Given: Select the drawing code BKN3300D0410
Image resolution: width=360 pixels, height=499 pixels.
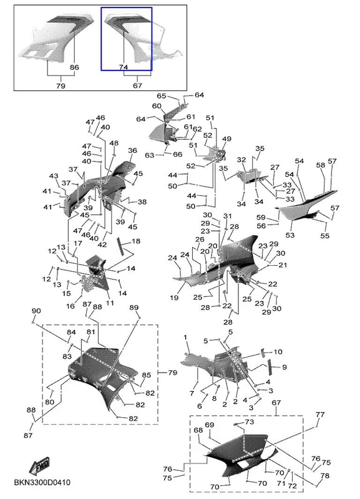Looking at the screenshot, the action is [42, 482].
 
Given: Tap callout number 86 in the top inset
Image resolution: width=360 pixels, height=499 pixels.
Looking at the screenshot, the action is [74, 67].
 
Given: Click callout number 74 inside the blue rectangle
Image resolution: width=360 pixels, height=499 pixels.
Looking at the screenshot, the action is [124, 67].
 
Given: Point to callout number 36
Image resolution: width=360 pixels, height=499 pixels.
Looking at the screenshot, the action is [132, 150].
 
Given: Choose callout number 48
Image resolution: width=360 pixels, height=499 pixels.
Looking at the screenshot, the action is [114, 143].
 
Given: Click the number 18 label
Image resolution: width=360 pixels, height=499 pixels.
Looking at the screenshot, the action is [136, 241].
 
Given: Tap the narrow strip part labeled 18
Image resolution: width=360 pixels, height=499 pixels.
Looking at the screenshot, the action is [121, 246].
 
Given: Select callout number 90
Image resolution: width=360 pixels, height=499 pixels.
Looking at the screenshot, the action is [36, 311].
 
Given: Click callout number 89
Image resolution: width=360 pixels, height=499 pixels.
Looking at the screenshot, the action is [134, 308].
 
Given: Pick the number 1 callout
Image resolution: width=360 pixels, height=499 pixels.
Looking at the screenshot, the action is [185, 337].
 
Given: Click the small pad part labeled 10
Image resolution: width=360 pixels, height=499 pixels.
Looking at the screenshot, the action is [263, 353].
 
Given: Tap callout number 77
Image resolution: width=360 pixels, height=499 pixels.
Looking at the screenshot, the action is [320, 414].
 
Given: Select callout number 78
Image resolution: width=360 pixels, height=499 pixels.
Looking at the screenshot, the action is [324, 476].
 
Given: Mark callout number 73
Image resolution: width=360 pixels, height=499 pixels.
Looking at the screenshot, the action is [250, 422].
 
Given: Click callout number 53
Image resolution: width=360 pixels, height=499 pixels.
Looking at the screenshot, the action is [290, 235].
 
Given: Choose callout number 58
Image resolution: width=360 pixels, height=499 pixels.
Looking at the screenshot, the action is [321, 165].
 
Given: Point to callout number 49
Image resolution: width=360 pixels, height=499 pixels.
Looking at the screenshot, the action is [226, 138].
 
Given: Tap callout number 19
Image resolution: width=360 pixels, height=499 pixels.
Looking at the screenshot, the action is [174, 298].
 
